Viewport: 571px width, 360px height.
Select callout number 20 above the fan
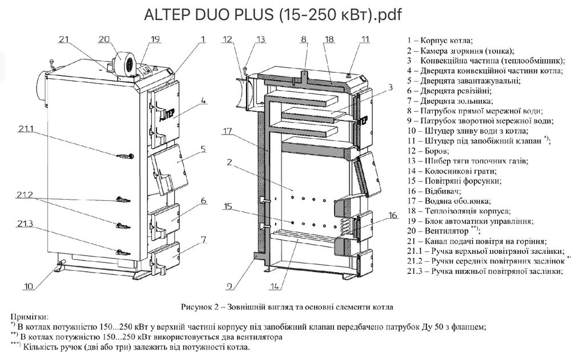103,39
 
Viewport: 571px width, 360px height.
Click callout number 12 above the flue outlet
228,39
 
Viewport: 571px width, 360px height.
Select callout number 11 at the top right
365,39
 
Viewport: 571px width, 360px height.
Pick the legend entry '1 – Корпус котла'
439,41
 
